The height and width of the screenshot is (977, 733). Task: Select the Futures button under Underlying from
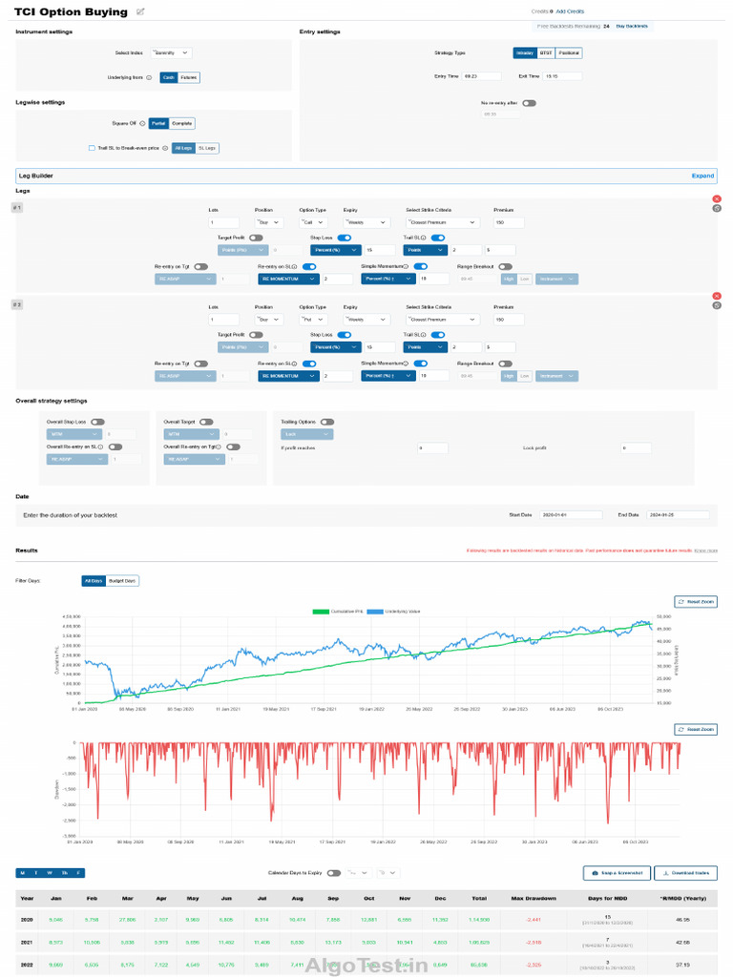pyautogui.click(x=189, y=77)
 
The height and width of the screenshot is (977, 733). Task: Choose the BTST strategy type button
pyautogui.click(x=546, y=53)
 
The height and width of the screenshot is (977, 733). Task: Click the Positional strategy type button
pyautogui.click(x=569, y=53)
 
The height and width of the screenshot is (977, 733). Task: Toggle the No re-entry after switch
pyautogui.click(x=528, y=102)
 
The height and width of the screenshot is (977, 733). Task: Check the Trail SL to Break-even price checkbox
pyautogui.click(x=92, y=148)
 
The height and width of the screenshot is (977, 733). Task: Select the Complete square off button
pyautogui.click(x=182, y=123)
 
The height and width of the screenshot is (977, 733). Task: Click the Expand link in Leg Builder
pyautogui.click(x=702, y=177)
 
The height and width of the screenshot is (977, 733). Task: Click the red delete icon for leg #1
pyautogui.click(x=717, y=198)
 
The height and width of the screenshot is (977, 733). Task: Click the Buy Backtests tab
pyautogui.click(x=631, y=26)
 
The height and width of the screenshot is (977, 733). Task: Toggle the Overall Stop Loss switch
pyautogui.click(x=97, y=421)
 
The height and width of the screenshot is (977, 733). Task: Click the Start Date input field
pyautogui.click(x=570, y=514)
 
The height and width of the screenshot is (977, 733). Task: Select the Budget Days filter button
pyautogui.click(x=122, y=580)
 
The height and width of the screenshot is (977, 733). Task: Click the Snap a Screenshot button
pyautogui.click(x=617, y=872)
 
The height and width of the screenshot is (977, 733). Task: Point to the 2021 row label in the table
pyautogui.click(x=27, y=943)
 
